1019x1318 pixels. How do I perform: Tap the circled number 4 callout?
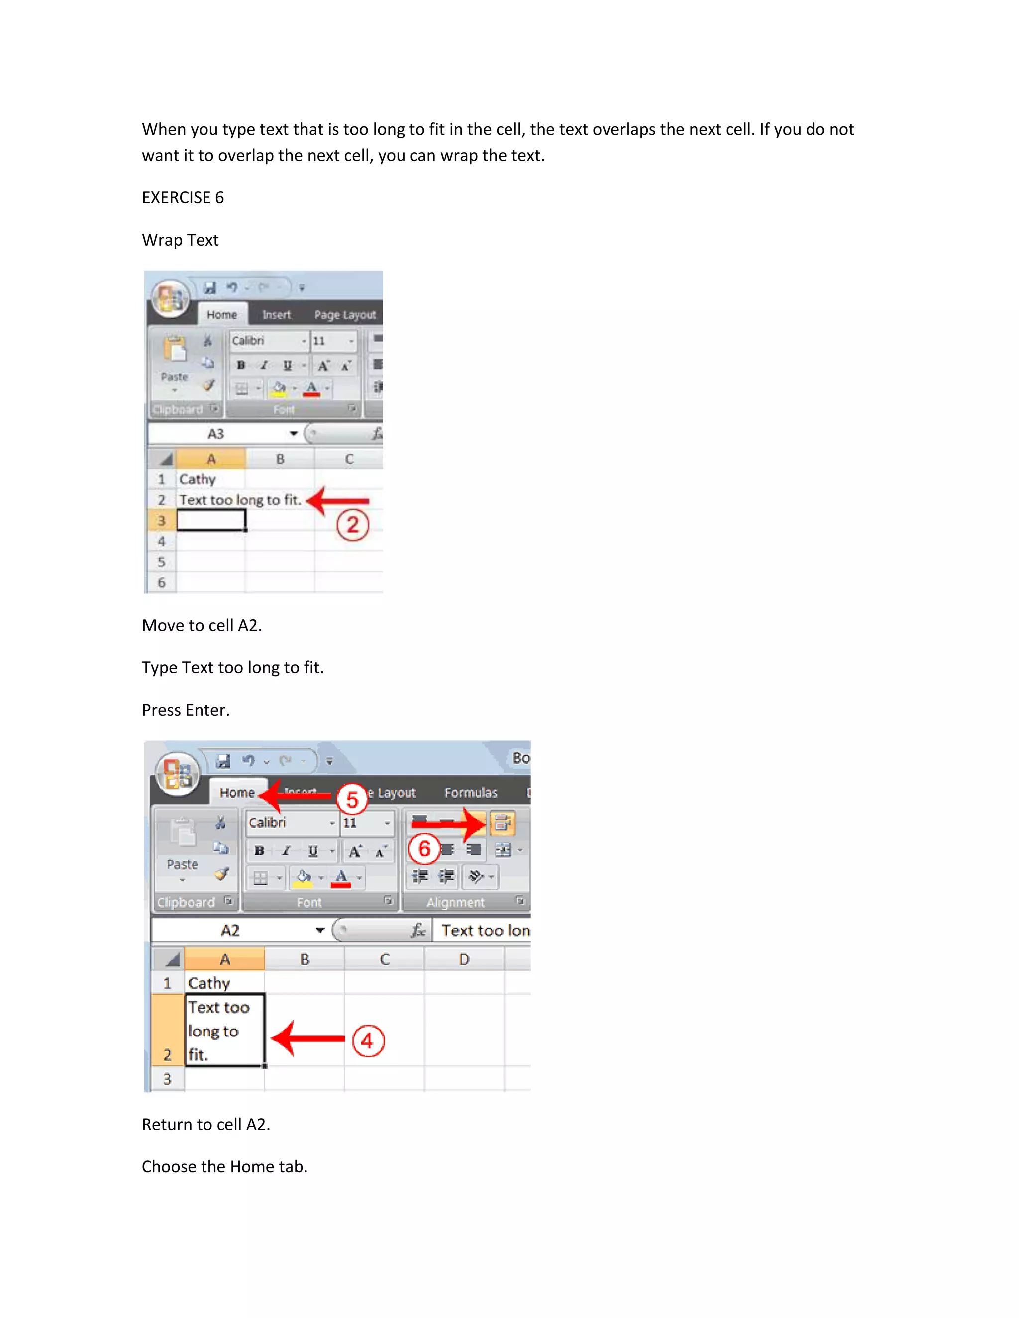click(x=368, y=1040)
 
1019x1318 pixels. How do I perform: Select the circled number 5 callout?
click(x=352, y=800)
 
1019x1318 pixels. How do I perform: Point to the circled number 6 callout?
click(x=424, y=848)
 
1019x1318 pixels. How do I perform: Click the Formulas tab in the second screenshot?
click(x=470, y=792)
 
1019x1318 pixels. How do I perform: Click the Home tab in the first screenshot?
click(x=221, y=314)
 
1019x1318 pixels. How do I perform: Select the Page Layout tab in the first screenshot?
click(x=345, y=314)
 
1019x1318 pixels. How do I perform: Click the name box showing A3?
click(x=216, y=433)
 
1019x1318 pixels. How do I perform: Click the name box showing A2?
click(x=230, y=930)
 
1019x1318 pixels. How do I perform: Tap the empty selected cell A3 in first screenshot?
click(x=210, y=520)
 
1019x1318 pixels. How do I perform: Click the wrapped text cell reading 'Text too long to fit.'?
click(x=224, y=1030)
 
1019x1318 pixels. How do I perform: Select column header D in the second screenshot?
click(x=464, y=959)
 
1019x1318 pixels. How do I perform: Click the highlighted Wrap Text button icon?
click(x=502, y=823)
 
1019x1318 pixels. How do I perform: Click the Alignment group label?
click(x=455, y=902)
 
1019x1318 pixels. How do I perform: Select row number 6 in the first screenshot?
click(x=161, y=582)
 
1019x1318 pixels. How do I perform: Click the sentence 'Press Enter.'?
click(x=185, y=710)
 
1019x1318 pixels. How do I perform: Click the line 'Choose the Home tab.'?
click(x=224, y=1166)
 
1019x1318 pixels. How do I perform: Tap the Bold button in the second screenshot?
click(x=259, y=850)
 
